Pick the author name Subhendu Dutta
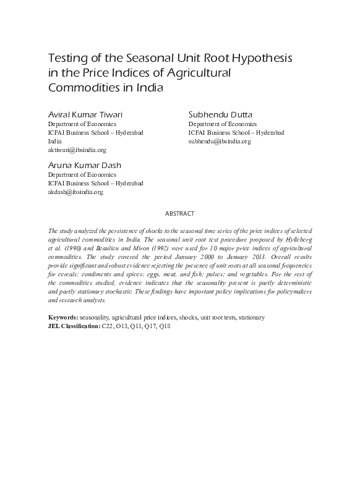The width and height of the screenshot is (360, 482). click(220, 115)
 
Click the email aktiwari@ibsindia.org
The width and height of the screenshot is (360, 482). click(77, 150)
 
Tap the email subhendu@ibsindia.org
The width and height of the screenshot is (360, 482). click(220, 141)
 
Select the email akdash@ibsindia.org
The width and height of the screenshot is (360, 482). click(75, 192)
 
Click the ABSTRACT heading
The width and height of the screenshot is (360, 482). click(179, 213)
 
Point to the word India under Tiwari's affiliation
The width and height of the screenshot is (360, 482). click(55, 141)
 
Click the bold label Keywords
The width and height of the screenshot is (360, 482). click(63, 317)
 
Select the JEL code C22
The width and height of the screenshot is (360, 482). click(108, 325)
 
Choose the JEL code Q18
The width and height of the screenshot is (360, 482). click(165, 325)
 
